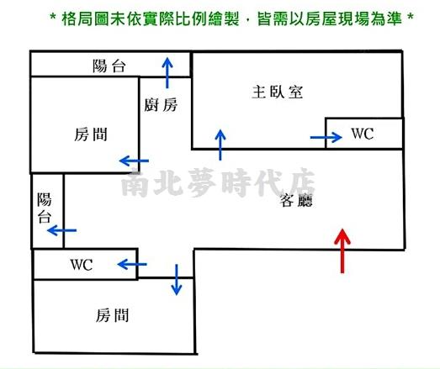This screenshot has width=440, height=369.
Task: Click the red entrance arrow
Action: point(342,250)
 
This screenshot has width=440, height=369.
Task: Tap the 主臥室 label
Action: point(278,92)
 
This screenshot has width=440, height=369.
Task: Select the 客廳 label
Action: point(296,200)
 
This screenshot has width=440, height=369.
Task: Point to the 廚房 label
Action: point(161,105)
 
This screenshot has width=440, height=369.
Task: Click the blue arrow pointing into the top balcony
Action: point(167,73)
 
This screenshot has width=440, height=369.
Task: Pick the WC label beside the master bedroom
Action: point(363,134)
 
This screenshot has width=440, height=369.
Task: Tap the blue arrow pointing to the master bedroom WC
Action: point(326,137)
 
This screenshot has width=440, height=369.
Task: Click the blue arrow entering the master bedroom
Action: point(220,145)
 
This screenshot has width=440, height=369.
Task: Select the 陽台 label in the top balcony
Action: point(109,66)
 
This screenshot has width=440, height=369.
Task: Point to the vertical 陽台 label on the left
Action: point(45,208)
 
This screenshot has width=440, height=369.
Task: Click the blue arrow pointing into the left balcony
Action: point(61,230)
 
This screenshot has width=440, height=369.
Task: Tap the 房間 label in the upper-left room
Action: point(91,134)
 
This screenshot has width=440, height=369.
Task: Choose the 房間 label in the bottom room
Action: point(112,315)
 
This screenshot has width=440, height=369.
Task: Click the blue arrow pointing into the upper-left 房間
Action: point(134,161)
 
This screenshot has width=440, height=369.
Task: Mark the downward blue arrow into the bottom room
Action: point(176,280)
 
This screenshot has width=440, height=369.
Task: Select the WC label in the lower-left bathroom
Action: point(82,265)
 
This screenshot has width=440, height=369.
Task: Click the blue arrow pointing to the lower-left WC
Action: point(132,264)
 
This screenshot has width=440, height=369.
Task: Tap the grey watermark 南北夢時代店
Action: point(218,182)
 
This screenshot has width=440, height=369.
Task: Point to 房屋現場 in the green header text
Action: point(337,19)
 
